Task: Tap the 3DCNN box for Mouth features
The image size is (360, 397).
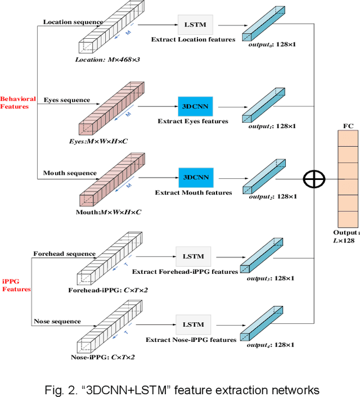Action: pos(194,177)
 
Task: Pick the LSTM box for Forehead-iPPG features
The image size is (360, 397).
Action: pos(192,256)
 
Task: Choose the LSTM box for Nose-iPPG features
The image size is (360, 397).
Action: pos(192,324)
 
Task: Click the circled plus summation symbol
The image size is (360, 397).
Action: pos(314,179)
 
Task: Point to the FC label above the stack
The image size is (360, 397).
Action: pos(348,126)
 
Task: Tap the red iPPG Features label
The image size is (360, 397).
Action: pos(16,285)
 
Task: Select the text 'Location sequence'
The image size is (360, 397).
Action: pos(73,22)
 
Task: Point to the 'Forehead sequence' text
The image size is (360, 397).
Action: pos(64,254)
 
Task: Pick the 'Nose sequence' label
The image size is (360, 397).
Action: pos(57,322)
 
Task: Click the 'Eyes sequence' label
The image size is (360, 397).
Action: pos(66,100)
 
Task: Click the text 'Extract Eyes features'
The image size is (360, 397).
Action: pos(193,121)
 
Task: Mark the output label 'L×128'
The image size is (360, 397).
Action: pos(345,241)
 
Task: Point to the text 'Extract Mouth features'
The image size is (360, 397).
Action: pos(193,193)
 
